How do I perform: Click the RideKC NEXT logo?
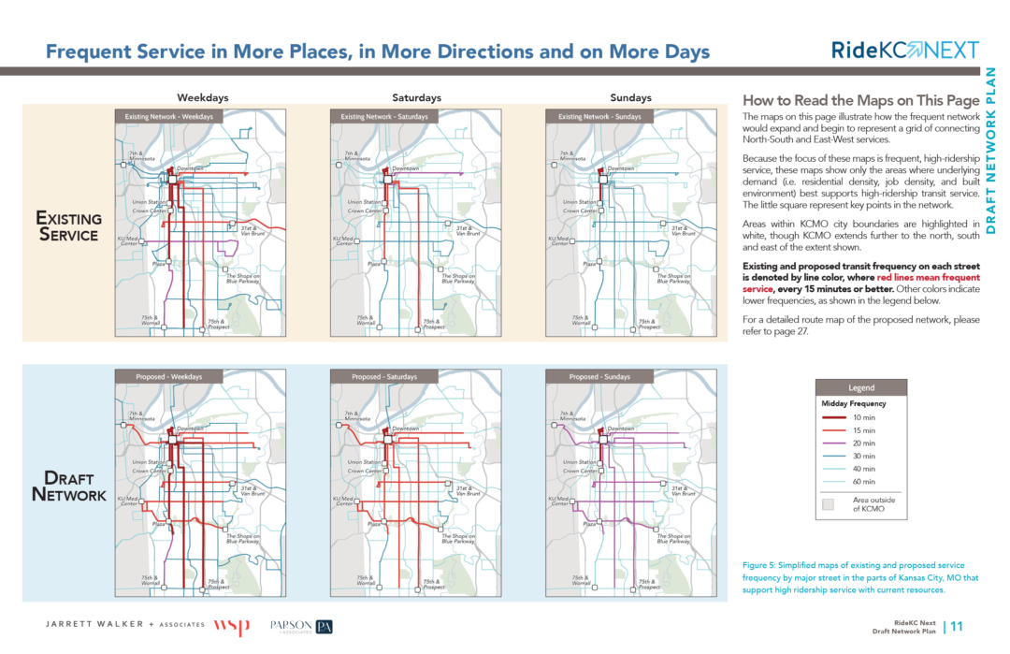click(x=904, y=51)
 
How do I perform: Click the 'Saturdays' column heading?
click(x=416, y=98)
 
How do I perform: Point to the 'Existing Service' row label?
click(x=67, y=226)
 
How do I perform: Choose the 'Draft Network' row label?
click(x=69, y=487)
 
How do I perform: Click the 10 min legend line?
click(x=835, y=417)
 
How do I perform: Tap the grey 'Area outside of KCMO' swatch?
click(x=828, y=504)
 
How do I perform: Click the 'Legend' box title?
click(x=860, y=387)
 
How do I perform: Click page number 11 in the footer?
click(x=958, y=627)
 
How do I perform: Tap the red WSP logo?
click(x=232, y=626)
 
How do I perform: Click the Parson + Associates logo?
click(x=301, y=626)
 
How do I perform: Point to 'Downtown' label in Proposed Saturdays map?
click(x=405, y=429)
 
